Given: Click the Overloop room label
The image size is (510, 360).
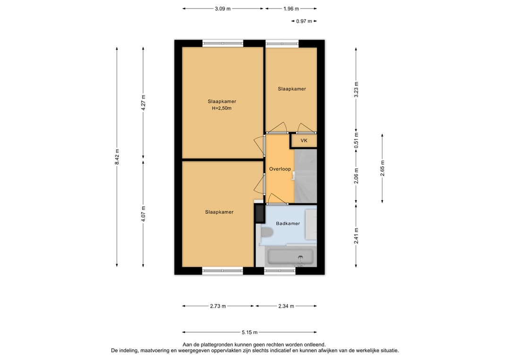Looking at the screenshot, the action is [x=280, y=169].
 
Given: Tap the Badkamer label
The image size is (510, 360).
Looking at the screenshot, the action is [x=288, y=224].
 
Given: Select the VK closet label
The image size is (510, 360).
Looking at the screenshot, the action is [x=304, y=141].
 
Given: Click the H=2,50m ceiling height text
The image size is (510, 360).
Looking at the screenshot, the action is [x=222, y=109].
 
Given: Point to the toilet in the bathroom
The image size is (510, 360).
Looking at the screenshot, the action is [x=267, y=233].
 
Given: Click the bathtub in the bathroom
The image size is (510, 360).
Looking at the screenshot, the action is [x=290, y=257].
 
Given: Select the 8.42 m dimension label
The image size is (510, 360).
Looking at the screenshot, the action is [x=117, y=157].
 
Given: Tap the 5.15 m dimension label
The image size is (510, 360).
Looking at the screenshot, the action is [x=249, y=332].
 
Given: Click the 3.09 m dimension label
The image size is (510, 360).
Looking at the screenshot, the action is [x=222, y=9].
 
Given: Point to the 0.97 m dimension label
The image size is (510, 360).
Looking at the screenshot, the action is [x=304, y=21].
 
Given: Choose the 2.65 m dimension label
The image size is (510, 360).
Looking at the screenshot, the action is [x=382, y=168].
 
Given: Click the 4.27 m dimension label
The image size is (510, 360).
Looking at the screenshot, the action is [x=144, y=103].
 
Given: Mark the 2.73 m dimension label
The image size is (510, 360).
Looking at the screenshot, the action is [x=218, y=306].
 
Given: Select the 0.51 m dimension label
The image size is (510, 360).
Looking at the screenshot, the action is [x=356, y=140].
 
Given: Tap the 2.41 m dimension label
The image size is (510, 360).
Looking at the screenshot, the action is [x=356, y=236].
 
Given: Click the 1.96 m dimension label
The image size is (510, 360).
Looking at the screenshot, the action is [x=291, y=9].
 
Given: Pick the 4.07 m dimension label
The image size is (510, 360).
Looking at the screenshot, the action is [x=144, y=214].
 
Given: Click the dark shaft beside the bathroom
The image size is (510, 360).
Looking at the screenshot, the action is [x=260, y=213].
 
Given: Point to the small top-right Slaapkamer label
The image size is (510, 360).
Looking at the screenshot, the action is [x=292, y=89].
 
